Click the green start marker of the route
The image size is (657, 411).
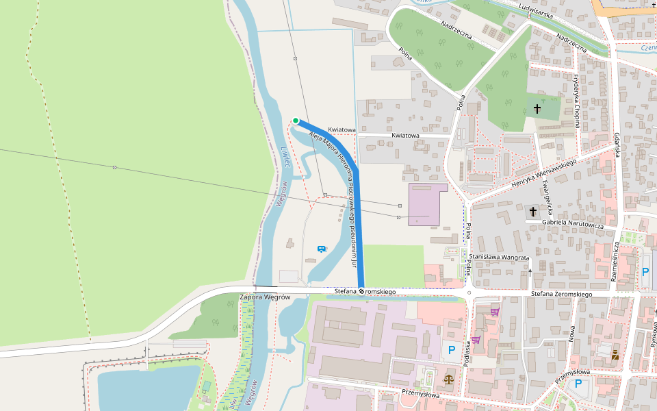[x=296, y=121]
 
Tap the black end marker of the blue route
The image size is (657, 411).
[x=361, y=292]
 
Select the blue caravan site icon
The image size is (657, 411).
[x=321, y=249]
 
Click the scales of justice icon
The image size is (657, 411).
[x=448, y=377]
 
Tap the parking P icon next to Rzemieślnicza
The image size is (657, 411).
[x=645, y=272]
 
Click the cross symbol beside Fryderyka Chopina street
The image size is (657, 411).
[x=537, y=109]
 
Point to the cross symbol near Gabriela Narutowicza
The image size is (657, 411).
[x=533, y=212]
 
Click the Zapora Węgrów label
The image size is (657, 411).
[x=266, y=297]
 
